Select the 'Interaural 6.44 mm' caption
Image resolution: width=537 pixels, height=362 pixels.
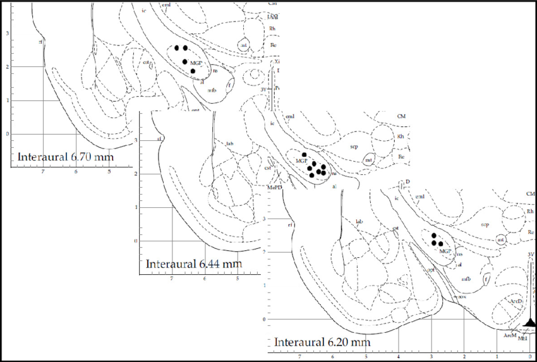click(194, 263)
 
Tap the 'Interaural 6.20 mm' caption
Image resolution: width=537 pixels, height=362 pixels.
click(322, 342)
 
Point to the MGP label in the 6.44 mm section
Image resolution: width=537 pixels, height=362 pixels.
click(300, 162)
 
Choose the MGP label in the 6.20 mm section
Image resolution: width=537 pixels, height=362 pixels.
click(445, 251)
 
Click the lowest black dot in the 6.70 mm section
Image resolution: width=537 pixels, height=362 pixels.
click(193, 71)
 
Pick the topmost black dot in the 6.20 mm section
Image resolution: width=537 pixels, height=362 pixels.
click(433, 235)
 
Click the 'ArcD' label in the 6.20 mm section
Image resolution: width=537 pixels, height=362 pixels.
click(516, 301)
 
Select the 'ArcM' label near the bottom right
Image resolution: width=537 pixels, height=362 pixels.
click(510, 335)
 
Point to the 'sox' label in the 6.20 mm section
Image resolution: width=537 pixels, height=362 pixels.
click(462, 296)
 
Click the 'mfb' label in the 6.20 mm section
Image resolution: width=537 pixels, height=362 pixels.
click(465, 278)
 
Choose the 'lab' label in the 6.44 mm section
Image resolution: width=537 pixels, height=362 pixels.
click(230, 143)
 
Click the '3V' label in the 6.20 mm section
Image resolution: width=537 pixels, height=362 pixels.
click(531, 254)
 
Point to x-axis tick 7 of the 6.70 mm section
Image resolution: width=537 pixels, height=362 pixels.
click(42, 171)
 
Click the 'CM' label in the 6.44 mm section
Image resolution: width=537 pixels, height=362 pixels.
click(401, 117)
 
